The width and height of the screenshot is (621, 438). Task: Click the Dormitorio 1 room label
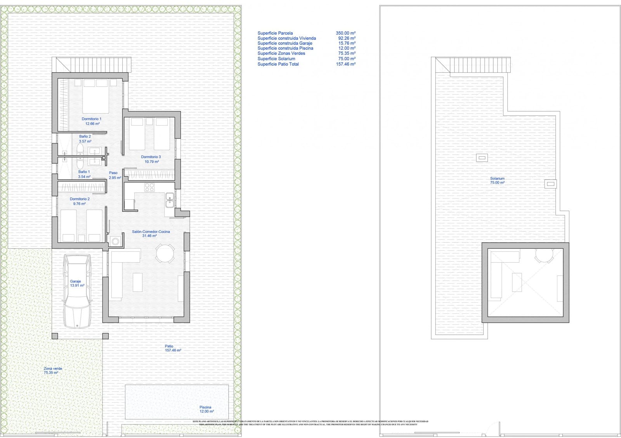[x=92, y=121]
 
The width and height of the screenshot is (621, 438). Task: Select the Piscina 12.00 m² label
[x=206, y=409]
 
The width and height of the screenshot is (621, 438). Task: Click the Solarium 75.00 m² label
[x=497, y=180]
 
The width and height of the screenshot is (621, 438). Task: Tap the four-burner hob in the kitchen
[x=149, y=187]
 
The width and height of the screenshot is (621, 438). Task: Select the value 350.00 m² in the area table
[x=345, y=33]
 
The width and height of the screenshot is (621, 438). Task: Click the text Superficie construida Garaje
[x=284, y=43]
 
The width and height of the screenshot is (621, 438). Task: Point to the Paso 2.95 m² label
[x=114, y=175]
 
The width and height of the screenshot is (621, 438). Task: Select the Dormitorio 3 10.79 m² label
[x=151, y=159]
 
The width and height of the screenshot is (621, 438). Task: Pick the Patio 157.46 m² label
[x=172, y=348]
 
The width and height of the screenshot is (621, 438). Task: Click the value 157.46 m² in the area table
[x=345, y=64]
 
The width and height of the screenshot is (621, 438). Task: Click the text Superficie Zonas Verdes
[x=281, y=53]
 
